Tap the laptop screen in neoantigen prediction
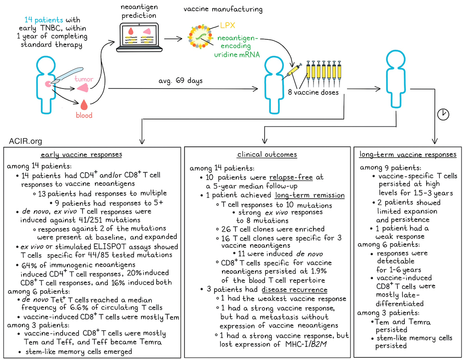pos(137,36)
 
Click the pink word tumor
pos(84,79)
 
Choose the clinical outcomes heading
pos(267,155)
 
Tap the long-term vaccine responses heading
pos(408,155)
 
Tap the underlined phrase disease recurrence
pos(294,289)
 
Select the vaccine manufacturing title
pos(223,9)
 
